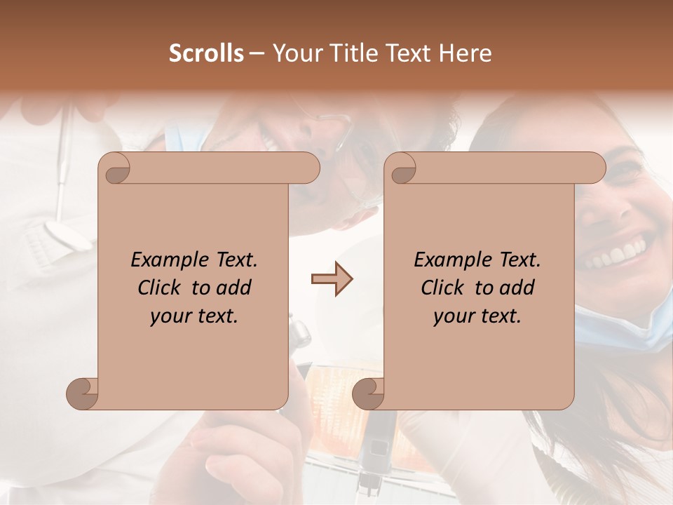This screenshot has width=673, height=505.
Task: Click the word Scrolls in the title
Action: coord(206,53)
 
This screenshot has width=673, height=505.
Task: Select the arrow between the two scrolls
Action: coord(332,279)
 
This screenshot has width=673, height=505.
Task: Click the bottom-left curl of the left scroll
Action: coord(83,393)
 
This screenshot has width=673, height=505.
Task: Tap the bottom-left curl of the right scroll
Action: coord(369,393)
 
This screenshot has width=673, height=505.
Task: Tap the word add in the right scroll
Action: coord(517,288)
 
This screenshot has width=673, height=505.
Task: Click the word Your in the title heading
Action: coord(297,53)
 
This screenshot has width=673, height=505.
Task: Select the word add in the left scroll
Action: coord(234,288)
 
